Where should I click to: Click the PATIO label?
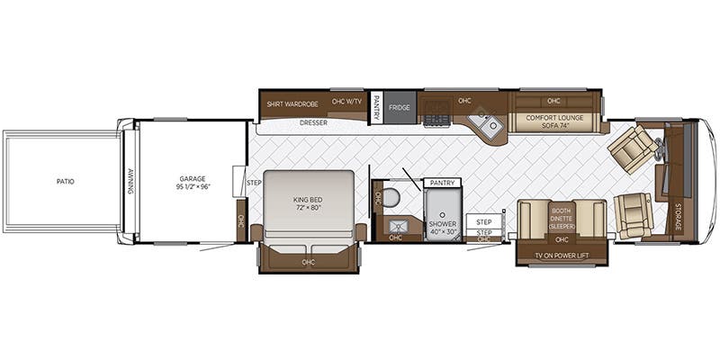65,182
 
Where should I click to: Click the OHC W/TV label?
346,102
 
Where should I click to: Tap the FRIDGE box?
400,107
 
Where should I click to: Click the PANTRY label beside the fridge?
377,107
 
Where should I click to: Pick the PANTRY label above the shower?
441,183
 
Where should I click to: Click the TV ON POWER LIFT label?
562,255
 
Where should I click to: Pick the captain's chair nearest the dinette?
634,215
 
